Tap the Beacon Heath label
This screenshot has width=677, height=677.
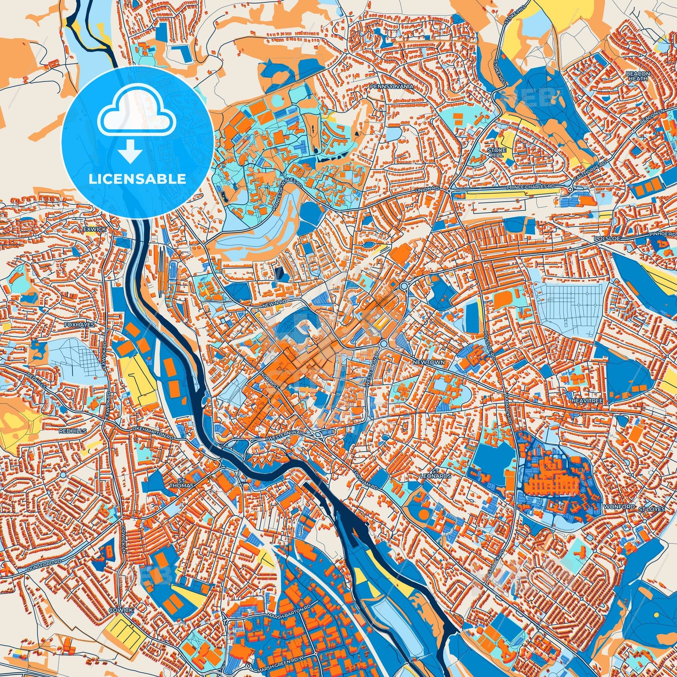pos(638,76)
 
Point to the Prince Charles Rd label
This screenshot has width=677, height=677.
pos(530,187)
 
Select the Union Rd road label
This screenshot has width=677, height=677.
pos(428,190)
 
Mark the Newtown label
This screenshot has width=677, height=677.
pos(429,363)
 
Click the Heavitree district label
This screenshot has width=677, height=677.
pos(587,402)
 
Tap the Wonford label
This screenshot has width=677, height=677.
pos(619,507)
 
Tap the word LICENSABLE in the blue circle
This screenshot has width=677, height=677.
pos(138,179)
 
